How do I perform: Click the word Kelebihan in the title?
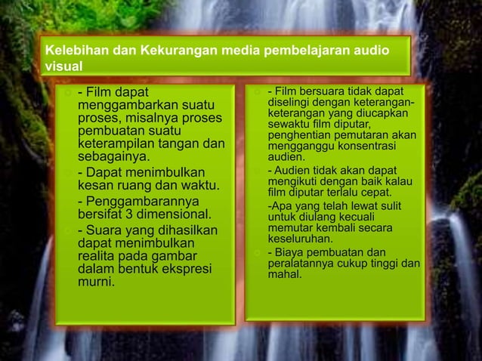[x=76, y=51]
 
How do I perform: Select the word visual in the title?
[x=63, y=66]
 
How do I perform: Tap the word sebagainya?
[x=113, y=157]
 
